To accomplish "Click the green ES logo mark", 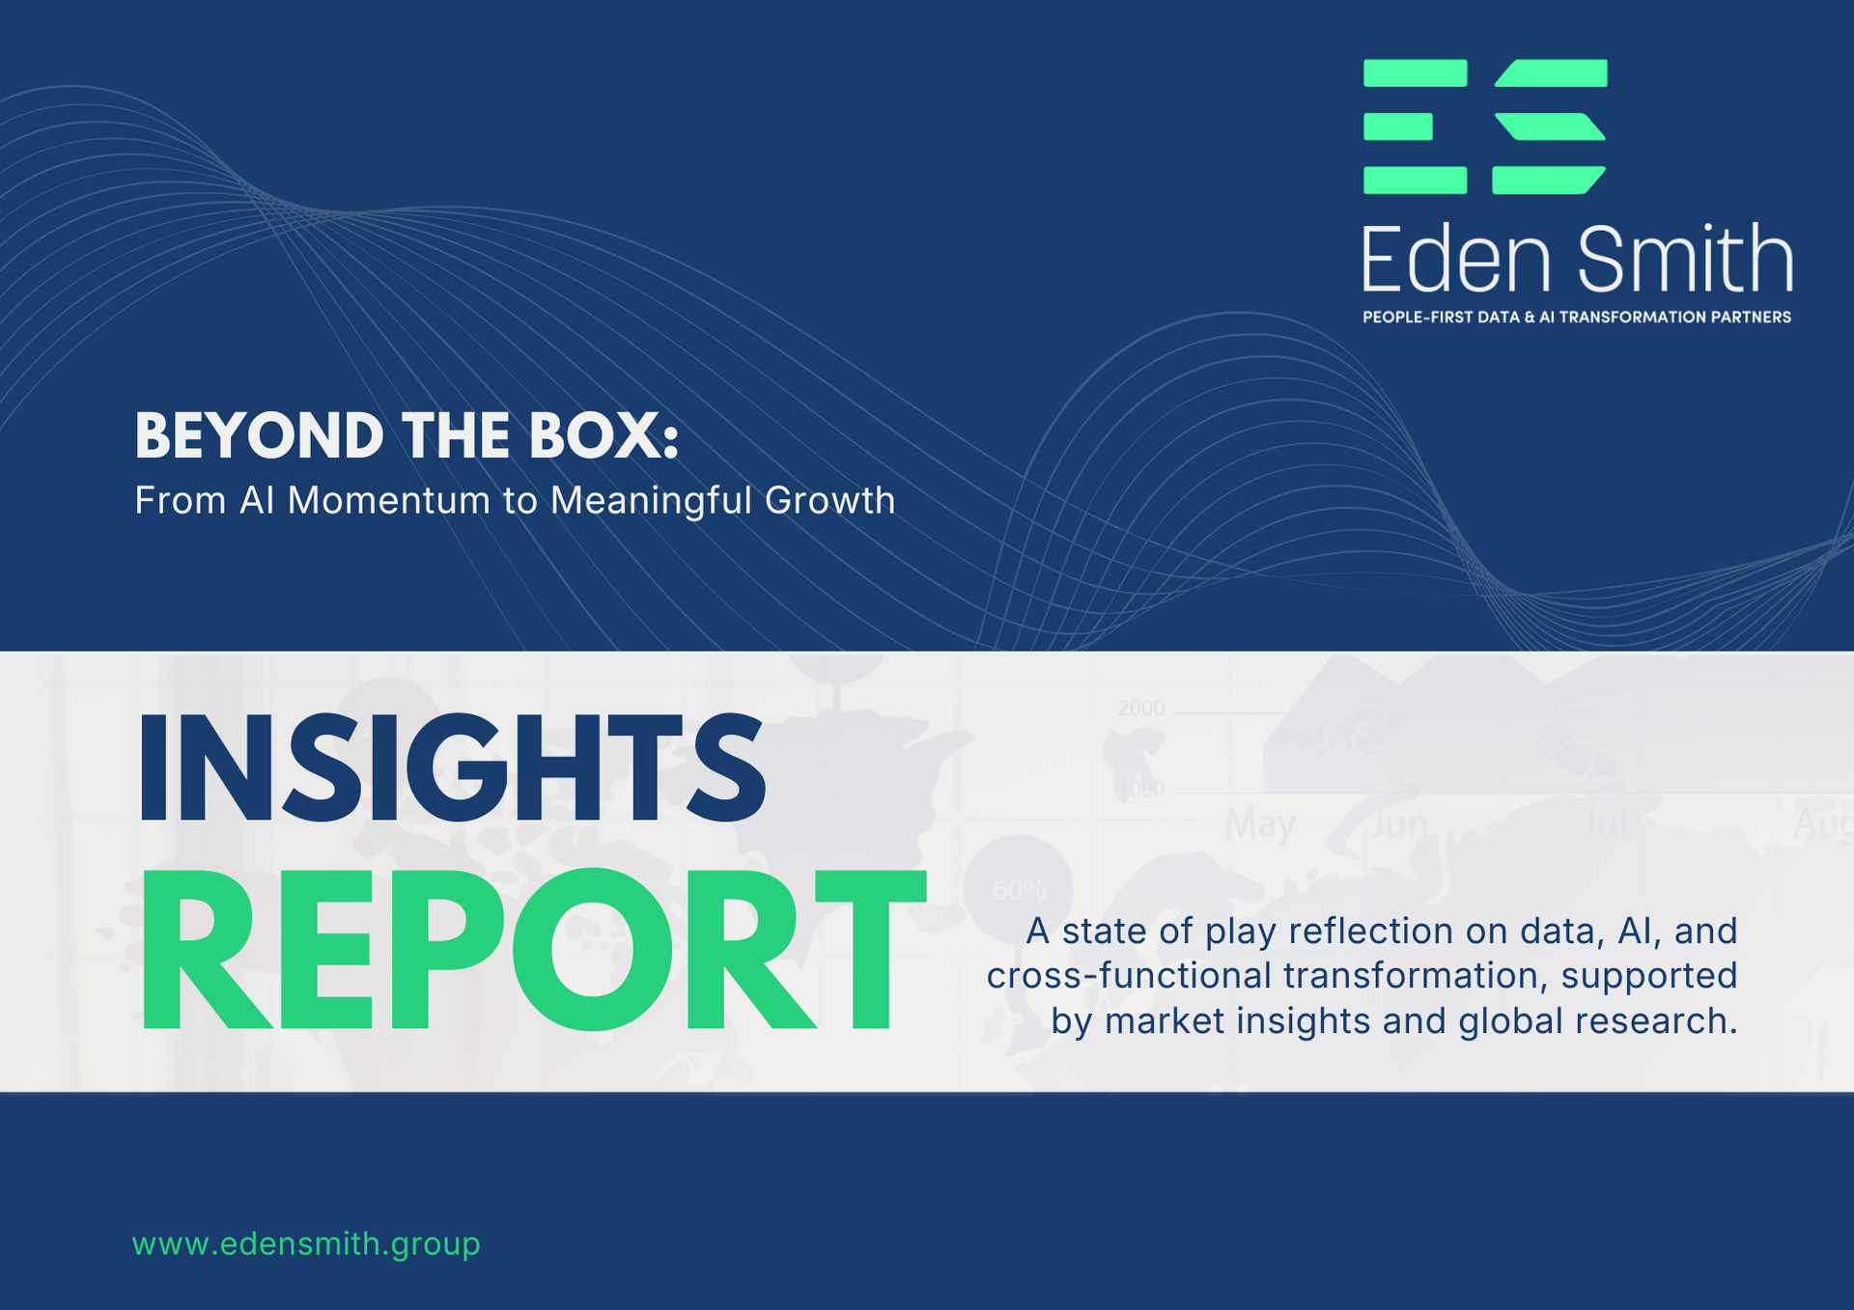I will [1484, 126].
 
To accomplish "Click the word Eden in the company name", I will [1456, 259].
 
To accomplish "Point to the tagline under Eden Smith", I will [1576, 318].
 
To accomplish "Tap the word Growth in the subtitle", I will [829, 501].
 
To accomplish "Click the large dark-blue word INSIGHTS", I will [452, 769].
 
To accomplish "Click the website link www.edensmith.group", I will [306, 1243].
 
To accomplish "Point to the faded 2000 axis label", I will [1140, 708].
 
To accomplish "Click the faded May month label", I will [1260, 823].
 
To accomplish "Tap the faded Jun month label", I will [1397, 823].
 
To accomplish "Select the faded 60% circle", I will [1019, 888].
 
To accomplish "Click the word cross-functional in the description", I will [1129, 976].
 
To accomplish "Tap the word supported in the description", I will [1649, 976].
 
